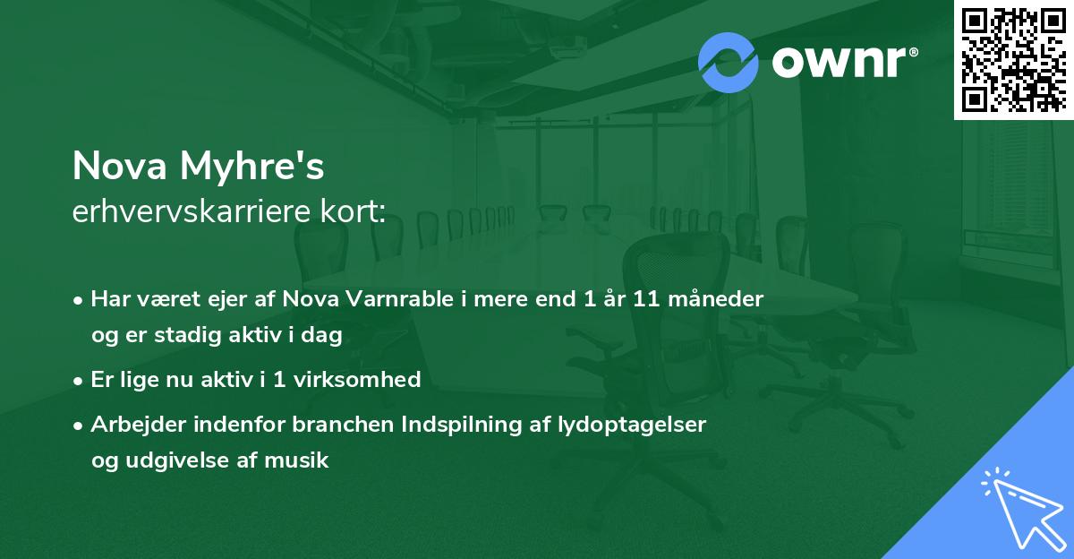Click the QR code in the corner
tap(1013, 59)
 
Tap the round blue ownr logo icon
tap(728, 63)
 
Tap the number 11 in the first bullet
tap(635, 299)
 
